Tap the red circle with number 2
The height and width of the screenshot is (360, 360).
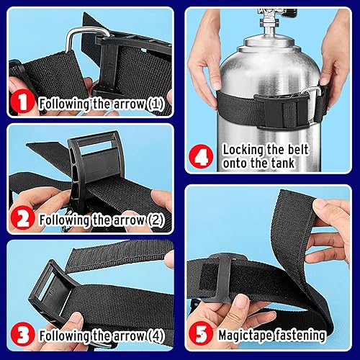click(x=24, y=219)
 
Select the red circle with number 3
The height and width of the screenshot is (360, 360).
click(x=24, y=334)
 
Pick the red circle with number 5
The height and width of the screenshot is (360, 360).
click(x=205, y=334)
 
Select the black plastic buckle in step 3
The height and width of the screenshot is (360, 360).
click(x=54, y=288)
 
